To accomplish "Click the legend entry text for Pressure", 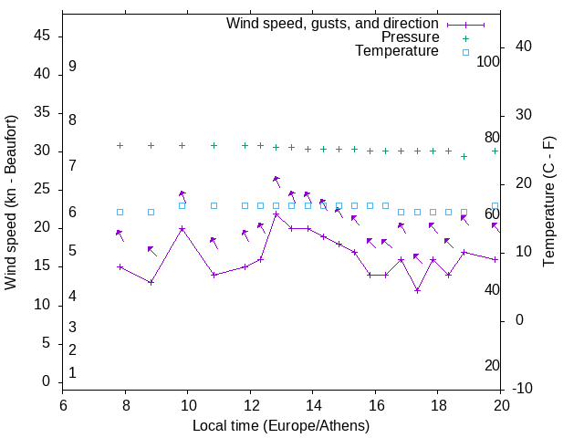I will click(x=410, y=37).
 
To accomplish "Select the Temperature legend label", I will click(x=397, y=52).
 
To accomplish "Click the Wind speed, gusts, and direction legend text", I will click(x=333, y=23).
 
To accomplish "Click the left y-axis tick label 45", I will click(x=41, y=36).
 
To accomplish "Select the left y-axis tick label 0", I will click(x=46, y=382).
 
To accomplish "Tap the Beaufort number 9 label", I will click(x=72, y=67).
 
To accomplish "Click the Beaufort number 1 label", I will click(x=72, y=372).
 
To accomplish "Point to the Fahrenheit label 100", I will click(x=488, y=61).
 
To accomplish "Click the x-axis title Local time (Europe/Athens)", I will click(x=281, y=425).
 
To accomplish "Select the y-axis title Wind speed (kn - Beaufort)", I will click(x=11, y=203).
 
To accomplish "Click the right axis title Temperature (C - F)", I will click(x=548, y=203).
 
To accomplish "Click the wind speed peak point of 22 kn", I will click(x=276, y=214).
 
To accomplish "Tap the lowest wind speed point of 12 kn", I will click(x=417, y=290).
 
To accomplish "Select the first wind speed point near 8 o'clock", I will click(x=120, y=266).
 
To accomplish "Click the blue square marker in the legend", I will click(x=464, y=52).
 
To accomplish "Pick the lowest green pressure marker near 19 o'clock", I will click(x=464, y=156).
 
